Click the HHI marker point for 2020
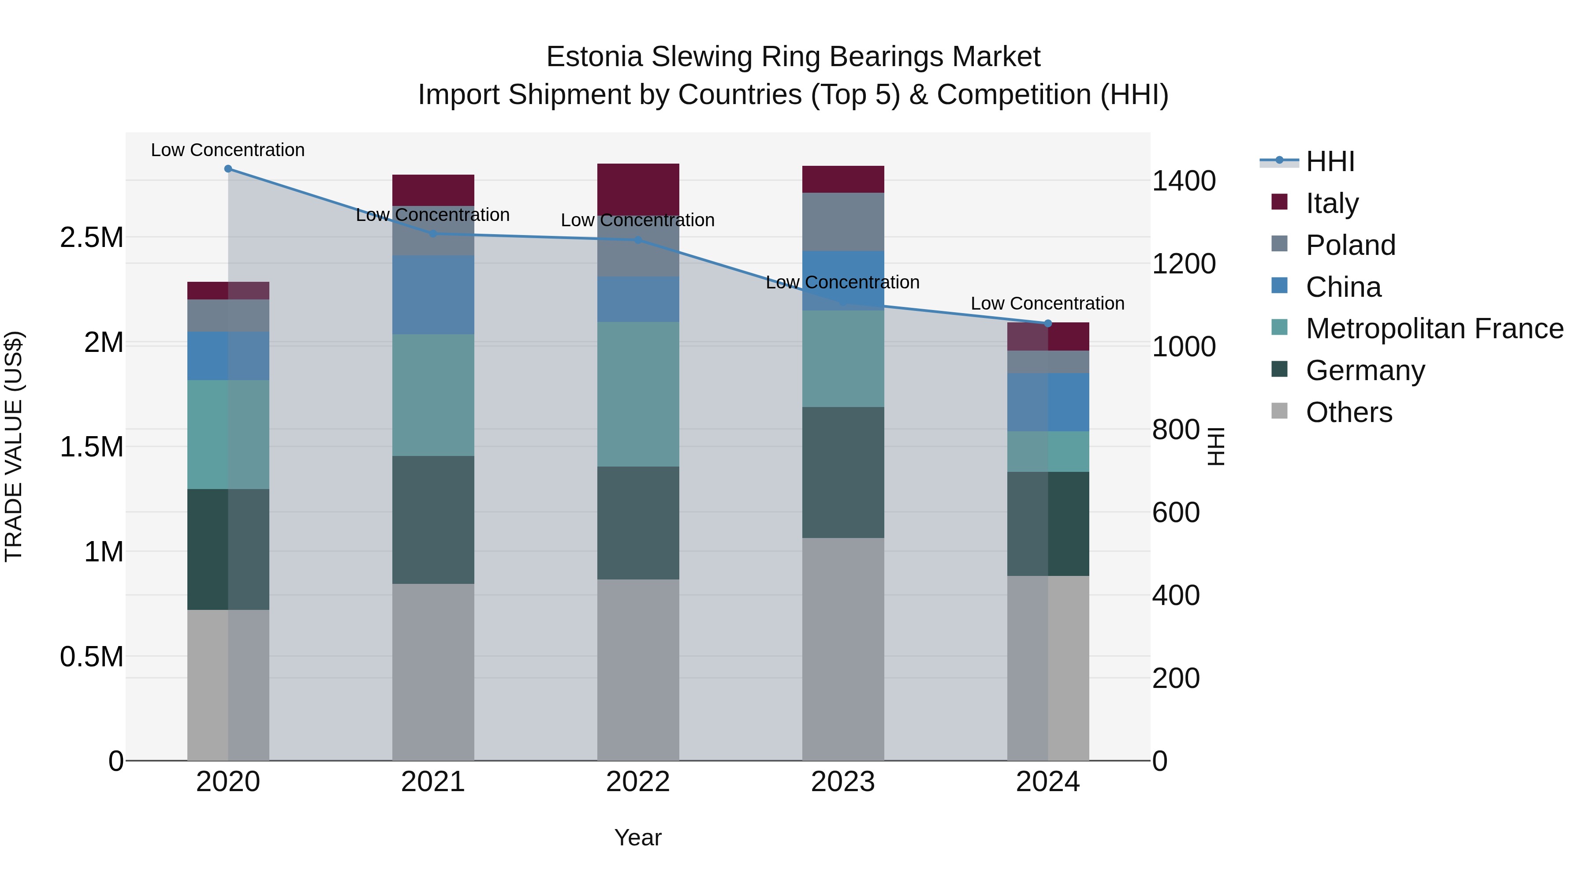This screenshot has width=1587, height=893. (228, 169)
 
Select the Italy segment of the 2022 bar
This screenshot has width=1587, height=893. (638, 189)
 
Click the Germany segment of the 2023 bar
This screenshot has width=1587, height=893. (843, 472)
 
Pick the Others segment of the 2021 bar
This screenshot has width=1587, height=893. (433, 672)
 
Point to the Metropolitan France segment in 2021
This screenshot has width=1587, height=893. (433, 395)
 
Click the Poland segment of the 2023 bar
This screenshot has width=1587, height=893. (843, 222)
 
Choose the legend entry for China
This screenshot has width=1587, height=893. (1343, 287)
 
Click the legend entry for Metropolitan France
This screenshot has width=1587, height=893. (1434, 329)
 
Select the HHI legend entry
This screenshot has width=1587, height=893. (1330, 161)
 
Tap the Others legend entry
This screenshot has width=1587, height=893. (1349, 412)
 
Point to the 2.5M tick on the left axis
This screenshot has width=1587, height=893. (91, 238)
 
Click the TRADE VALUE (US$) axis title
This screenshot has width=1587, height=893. (14, 446)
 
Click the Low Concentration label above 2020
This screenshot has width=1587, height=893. (227, 150)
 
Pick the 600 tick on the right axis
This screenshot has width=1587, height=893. (1175, 513)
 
